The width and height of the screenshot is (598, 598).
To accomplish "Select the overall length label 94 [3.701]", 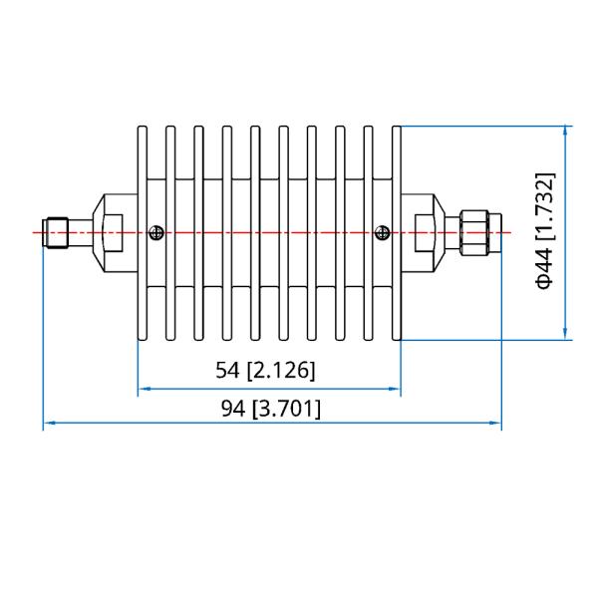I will pos(270,408).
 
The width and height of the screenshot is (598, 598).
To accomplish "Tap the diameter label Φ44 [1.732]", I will pos(544,230).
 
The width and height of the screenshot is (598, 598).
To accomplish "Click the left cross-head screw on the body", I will pos(154,233).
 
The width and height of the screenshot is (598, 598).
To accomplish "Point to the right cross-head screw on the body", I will pos(381,233).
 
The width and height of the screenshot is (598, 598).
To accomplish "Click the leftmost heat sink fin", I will pos(143,232).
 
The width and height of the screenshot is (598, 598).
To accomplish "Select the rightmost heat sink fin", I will pos(397,232).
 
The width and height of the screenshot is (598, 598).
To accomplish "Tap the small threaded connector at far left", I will pos(53,233).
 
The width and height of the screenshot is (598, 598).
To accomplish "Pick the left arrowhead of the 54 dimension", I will pos(143,389).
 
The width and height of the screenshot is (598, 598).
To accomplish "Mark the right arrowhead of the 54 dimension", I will pos(396,389).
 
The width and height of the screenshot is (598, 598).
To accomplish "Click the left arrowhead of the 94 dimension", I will pos(48,425).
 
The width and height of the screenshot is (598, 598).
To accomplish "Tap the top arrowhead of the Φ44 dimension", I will pos(566,131).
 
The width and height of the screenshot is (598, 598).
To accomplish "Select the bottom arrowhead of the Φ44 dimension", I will pos(566,335).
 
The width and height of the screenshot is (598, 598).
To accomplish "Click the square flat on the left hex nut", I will pos(113,233).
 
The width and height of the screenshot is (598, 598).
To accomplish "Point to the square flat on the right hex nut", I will pos(423,233).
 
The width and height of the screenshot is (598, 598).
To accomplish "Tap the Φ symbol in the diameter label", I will pos(544,280).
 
